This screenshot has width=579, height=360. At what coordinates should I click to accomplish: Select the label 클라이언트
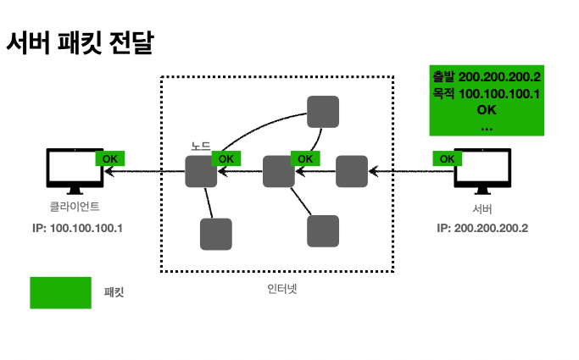(74, 208)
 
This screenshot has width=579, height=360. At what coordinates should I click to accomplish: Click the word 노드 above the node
(200, 146)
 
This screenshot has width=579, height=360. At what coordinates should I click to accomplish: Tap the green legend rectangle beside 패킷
(60, 292)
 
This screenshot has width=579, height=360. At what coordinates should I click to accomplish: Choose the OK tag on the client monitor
(109, 158)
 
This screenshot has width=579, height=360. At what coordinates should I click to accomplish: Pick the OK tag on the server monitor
(447, 158)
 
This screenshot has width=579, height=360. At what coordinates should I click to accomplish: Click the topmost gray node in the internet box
(322, 111)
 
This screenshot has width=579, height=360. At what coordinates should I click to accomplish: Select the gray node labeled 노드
(201, 172)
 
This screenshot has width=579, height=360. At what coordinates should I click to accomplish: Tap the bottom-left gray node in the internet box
(215, 234)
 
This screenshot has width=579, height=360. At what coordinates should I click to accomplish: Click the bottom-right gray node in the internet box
(322, 230)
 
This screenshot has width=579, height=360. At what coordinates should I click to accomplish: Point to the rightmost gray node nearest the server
(351, 172)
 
